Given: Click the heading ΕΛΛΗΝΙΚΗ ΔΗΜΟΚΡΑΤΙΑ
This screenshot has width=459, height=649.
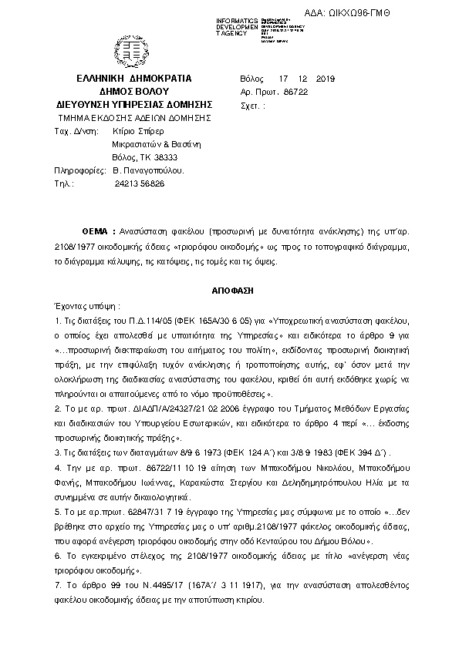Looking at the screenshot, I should tap(134, 79).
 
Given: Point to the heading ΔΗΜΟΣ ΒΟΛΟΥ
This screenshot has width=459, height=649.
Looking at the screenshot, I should tap(134, 91).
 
